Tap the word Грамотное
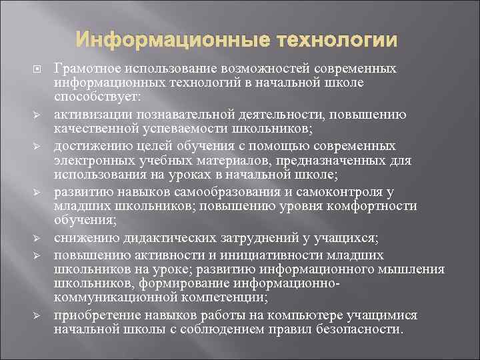click(83, 69)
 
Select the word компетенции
click(226, 298)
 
